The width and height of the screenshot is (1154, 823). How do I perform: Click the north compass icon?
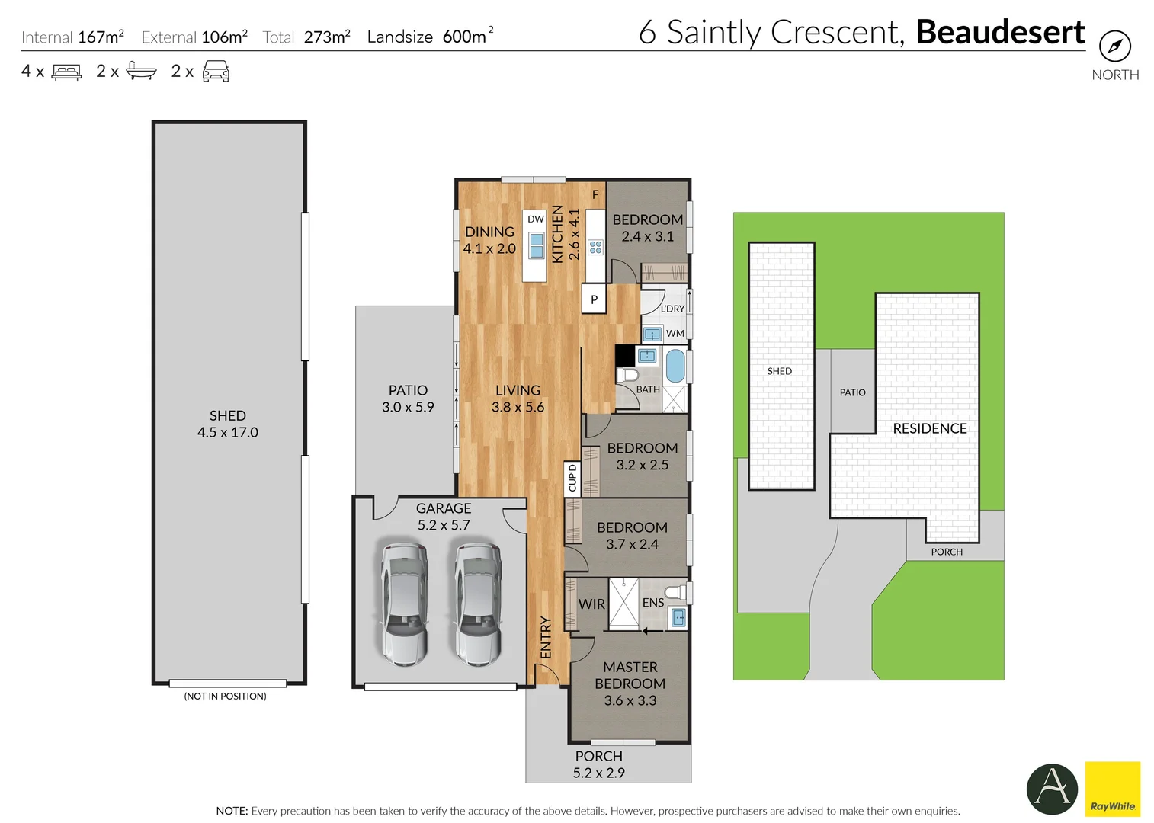[x=1114, y=47]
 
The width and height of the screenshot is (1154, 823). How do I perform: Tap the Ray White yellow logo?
[x=1112, y=789]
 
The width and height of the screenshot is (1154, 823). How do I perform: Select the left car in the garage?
[x=404, y=604]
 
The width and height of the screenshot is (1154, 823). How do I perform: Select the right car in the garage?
[x=478, y=604]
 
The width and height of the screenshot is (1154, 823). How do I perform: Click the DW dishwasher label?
[x=536, y=219]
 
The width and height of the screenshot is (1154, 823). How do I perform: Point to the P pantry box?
[x=594, y=299]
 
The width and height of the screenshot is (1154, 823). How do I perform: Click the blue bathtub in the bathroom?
[x=675, y=367]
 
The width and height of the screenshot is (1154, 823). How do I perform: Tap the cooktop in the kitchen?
[x=595, y=247]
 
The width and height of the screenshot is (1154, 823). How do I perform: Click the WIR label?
[x=591, y=604]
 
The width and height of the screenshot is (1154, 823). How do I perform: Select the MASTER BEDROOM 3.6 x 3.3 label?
[x=630, y=684]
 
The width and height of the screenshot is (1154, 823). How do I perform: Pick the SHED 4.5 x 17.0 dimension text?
[x=228, y=432]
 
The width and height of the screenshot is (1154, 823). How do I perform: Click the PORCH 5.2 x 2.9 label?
[x=598, y=764]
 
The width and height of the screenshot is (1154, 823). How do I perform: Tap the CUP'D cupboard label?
[x=572, y=479]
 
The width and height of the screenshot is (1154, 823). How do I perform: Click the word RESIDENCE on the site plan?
[x=929, y=429]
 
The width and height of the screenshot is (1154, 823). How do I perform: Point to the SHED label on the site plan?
[x=779, y=371]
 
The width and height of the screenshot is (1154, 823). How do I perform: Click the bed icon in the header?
[x=66, y=72]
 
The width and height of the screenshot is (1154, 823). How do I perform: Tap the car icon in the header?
[x=216, y=72]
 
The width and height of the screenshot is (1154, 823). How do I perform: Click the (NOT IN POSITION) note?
[x=225, y=697]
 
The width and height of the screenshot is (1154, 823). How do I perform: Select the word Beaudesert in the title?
[x=999, y=33]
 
